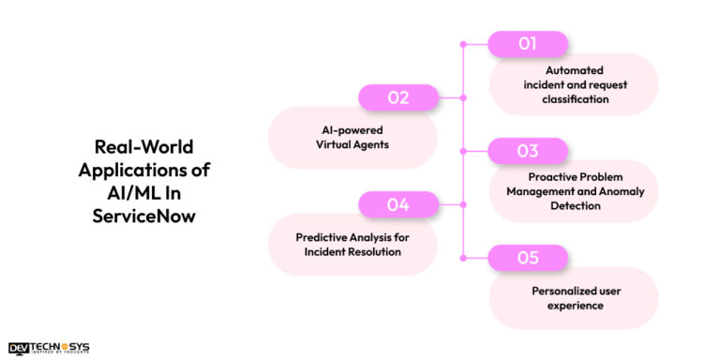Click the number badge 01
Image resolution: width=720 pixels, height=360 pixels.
pos(528,44)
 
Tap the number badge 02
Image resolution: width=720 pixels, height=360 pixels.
pos(399,97)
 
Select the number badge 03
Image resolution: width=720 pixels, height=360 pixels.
pos(528,151)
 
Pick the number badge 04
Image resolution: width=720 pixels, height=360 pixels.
pos(399,204)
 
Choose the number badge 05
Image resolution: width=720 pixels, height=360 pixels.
pos(528,258)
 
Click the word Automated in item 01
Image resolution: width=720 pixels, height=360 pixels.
pos(574,69)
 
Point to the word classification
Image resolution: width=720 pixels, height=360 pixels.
pos(574,97)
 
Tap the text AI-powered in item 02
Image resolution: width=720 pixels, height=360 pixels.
pos(352,130)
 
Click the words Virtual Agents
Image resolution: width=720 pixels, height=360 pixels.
pos(352,144)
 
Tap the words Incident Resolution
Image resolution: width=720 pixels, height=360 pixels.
pos(352,251)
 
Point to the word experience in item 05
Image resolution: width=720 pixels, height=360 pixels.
pos(574,305)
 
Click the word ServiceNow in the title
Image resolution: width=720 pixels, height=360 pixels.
pos(144,214)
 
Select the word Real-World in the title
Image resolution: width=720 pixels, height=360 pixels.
pos(144,147)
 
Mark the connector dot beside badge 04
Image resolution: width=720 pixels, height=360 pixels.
pos(461,204)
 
